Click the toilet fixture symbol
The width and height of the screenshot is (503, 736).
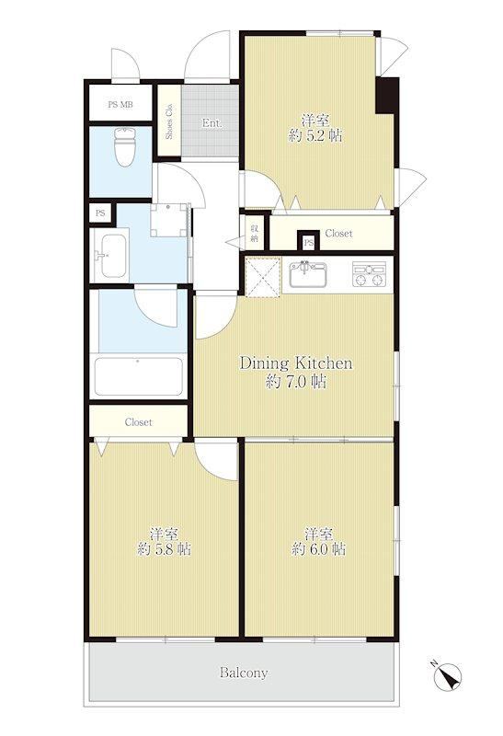[125, 146]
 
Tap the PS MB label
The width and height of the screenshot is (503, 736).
[120, 105]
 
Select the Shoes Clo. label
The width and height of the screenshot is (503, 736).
[169, 121]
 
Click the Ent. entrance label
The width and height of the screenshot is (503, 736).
[211, 123]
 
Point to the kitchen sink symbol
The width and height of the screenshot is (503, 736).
[308, 274]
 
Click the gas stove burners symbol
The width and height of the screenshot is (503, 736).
[370, 274]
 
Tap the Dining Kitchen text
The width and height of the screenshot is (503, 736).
[296, 362]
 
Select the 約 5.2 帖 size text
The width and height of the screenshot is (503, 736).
[315, 136]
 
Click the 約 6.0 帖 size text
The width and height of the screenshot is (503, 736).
[319, 548]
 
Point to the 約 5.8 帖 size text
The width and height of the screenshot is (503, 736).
[165, 548]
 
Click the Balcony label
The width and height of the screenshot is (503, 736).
[244, 673]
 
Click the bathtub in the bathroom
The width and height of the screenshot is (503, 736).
[139, 376]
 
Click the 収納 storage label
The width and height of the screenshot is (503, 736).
[255, 233]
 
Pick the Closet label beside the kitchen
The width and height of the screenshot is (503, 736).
[338, 233]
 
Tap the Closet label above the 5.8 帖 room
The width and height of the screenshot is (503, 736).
[139, 422]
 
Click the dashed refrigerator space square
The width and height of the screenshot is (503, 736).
[262, 277]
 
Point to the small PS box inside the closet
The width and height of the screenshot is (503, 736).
[309, 241]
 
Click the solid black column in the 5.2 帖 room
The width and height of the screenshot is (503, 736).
[386, 96]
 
